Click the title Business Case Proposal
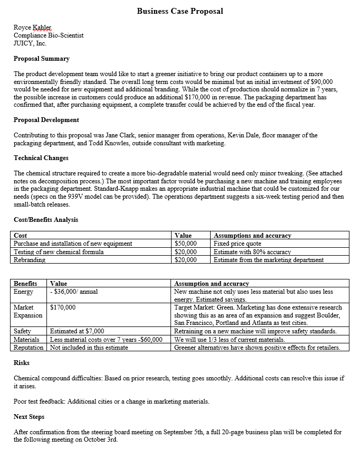coord(180,11)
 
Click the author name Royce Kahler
coord(32,27)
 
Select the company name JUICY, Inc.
coord(30,44)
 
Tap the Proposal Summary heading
coord(41,59)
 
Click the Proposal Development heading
coord(46,120)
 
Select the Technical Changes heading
coord(41,158)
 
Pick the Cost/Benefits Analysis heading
coord(46,220)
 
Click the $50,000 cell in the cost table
coord(185,244)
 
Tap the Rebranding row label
coord(30,260)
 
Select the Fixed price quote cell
coord(237,244)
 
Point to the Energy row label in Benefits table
coord(23,292)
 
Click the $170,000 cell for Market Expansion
coord(63,307)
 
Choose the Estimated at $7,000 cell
coord(77,331)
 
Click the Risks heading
coord(21,363)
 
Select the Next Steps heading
coord(29,417)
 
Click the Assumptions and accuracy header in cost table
coord(252,236)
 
